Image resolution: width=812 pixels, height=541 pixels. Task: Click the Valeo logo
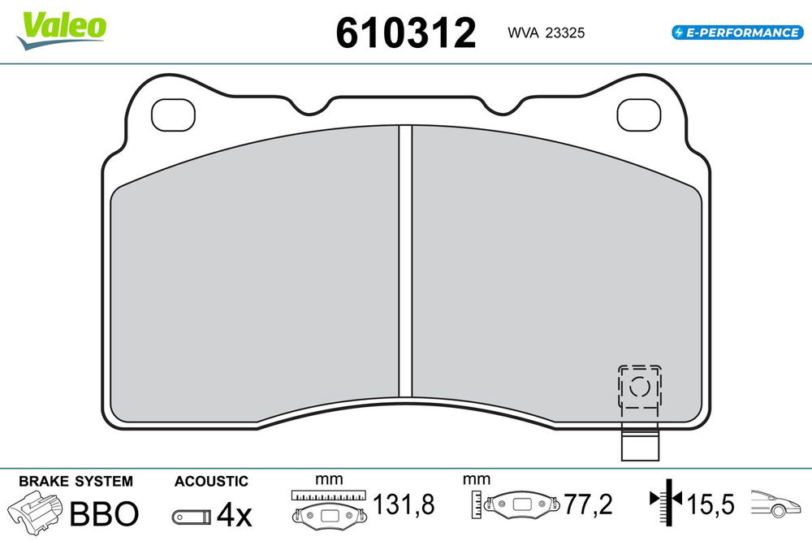pos(61,31)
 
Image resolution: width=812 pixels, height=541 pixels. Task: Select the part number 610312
pos(405,32)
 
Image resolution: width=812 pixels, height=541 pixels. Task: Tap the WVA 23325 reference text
pos(546,32)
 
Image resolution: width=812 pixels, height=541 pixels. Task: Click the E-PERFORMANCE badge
pos(737,32)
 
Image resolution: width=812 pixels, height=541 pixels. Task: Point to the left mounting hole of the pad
pos(173,115)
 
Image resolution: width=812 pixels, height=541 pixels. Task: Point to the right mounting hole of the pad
pos(639,115)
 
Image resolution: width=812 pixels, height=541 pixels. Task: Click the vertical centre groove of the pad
pos(405,262)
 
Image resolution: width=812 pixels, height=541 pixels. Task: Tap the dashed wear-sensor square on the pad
pos(640,387)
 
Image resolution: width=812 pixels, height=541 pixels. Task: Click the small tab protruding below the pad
pos(640,442)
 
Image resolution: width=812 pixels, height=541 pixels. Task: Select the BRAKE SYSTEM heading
pos(76,482)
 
